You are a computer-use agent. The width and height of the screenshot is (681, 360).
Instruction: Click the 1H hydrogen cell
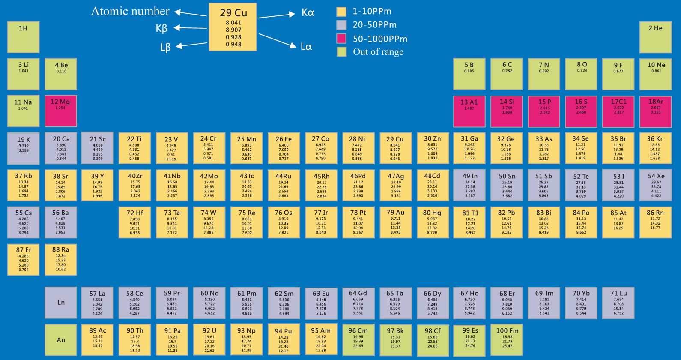coord(23,37)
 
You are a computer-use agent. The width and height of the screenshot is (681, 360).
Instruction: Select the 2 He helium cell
coord(655,37)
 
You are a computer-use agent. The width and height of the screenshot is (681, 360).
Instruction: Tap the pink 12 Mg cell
coord(60,111)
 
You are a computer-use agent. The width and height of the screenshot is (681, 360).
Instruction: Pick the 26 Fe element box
coord(284,148)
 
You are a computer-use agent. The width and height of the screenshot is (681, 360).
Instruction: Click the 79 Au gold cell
coord(395,222)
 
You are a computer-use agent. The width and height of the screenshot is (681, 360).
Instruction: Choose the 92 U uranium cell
coord(209,340)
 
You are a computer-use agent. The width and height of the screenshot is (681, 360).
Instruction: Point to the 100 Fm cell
coord(507,340)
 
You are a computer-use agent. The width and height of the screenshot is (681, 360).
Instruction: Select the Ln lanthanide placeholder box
coord(61,303)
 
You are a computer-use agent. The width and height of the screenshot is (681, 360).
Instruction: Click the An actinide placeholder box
coord(61,340)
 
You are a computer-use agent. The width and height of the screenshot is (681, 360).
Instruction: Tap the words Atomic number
coord(130,11)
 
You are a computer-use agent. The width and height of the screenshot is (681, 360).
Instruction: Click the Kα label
coord(308,12)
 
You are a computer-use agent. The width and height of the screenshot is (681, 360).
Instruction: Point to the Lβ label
coord(165,47)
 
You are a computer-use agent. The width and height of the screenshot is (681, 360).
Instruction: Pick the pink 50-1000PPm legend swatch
coord(341,39)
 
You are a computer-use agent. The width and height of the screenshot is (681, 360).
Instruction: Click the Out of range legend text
coord(378,52)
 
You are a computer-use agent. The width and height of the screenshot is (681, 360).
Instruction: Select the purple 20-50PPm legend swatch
coord(341,25)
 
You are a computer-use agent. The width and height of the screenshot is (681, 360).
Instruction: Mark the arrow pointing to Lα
coord(277,40)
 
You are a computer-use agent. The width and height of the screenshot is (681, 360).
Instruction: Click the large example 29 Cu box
coord(233,27)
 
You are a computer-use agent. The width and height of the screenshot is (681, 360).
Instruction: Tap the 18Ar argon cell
coord(655,111)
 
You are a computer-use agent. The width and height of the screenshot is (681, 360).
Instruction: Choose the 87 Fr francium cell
coord(23,260)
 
